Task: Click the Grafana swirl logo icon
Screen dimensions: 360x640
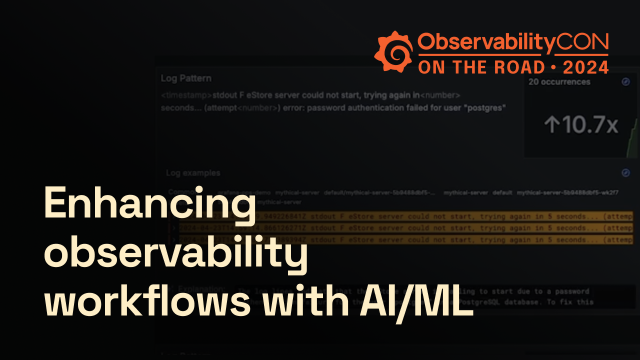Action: [x=393, y=51]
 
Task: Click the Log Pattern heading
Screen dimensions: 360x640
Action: [x=186, y=78]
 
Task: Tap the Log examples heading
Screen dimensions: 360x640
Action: [x=193, y=173]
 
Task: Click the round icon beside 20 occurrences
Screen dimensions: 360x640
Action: [x=625, y=82]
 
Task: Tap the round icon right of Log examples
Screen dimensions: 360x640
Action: [x=625, y=173]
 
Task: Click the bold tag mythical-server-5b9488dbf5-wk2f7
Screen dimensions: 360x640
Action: [x=568, y=192]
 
